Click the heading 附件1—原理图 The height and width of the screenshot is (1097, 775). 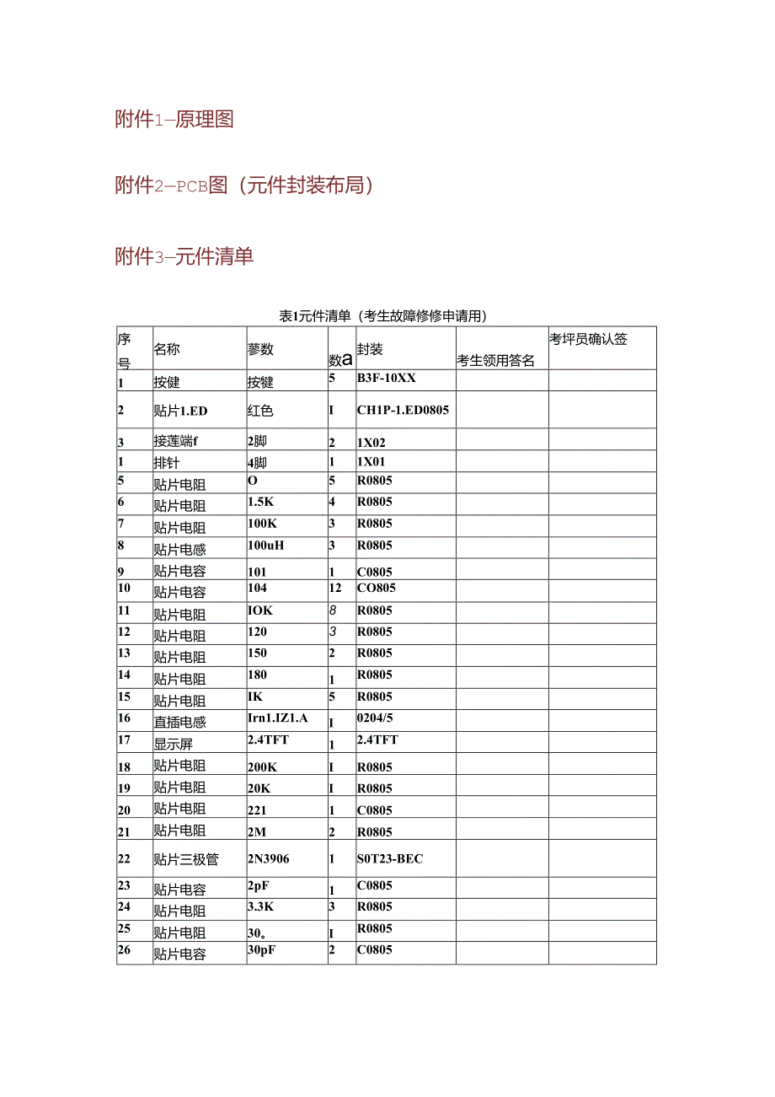pyautogui.click(x=174, y=119)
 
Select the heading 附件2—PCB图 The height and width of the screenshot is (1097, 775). pyautogui.click(x=244, y=185)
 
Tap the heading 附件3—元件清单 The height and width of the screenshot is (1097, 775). pyautogui.click(x=184, y=255)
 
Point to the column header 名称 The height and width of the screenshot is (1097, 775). pyautogui.click(x=167, y=349)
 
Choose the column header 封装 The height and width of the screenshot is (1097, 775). pyautogui.click(x=370, y=349)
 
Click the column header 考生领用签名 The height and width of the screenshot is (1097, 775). pyautogui.click(x=496, y=360)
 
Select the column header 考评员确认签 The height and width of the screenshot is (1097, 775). pyautogui.click(x=589, y=339)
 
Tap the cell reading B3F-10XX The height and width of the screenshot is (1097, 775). pyautogui.click(x=387, y=378)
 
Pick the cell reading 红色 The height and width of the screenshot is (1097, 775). pyautogui.click(x=261, y=411)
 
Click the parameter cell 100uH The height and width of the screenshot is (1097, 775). pyautogui.click(x=266, y=545)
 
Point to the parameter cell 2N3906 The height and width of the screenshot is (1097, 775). pyautogui.click(x=269, y=858)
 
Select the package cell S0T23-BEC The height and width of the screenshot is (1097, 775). pyautogui.click(x=390, y=858)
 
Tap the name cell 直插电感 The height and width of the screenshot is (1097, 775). pyautogui.click(x=179, y=722)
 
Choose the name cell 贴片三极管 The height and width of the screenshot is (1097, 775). pyautogui.click(x=186, y=859)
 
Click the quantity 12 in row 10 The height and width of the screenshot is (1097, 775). pyautogui.click(x=335, y=588)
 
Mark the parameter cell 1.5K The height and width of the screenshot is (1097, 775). pyautogui.click(x=261, y=502)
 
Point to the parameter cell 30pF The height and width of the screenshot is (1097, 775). pyautogui.click(x=262, y=949)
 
